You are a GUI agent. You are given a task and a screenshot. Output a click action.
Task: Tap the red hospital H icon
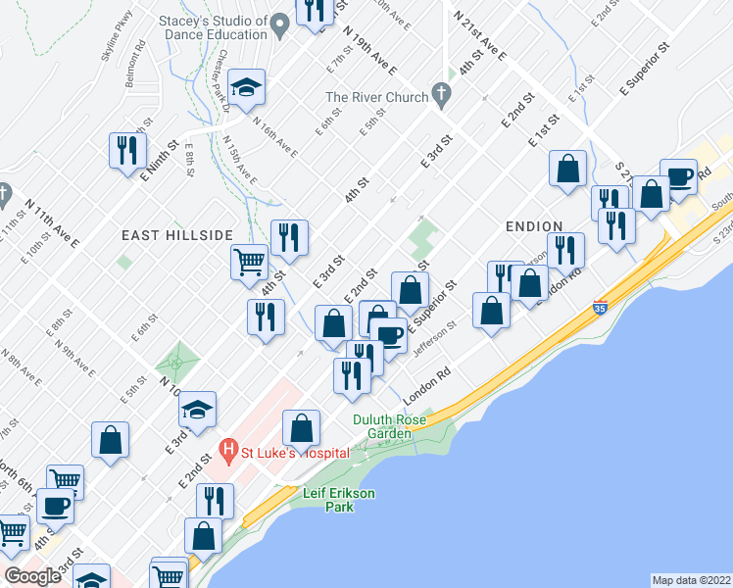[x=229, y=452]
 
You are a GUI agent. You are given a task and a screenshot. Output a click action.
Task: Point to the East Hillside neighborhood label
[x=176, y=235]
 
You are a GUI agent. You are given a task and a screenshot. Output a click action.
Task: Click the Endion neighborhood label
[x=533, y=226]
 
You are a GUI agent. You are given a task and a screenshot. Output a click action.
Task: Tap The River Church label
[x=377, y=97]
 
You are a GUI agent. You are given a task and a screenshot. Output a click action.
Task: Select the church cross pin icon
[x=442, y=96]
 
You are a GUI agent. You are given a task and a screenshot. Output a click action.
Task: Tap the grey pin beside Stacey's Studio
[x=279, y=25]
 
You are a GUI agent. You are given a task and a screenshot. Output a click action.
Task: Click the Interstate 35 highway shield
[x=600, y=308]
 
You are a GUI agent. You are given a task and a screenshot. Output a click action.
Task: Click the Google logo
[x=32, y=576]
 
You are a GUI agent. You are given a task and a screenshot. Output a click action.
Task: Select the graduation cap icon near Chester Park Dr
[x=248, y=88]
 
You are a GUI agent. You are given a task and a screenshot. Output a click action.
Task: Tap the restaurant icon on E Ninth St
[x=126, y=150]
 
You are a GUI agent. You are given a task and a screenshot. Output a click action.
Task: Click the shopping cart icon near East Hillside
[x=249, y=262]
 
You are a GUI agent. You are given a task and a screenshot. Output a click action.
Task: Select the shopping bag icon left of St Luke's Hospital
[x=111, y=440]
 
